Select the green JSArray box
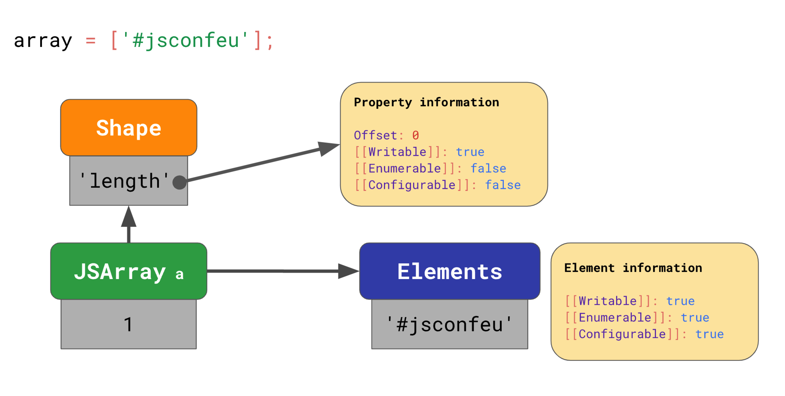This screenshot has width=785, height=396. [x=129, y=271]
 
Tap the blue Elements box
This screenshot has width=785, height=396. [x=450, y=271]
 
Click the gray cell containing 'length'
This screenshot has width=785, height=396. [x=129, y=181]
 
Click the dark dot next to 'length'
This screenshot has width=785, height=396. [x=180, y=183]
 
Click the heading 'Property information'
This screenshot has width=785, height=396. [x=426, y=102]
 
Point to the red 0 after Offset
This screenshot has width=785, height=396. [x=415, y=135]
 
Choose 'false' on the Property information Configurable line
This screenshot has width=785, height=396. [x=503, y=185]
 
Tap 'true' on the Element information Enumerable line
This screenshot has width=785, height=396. [x=695, y=318]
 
